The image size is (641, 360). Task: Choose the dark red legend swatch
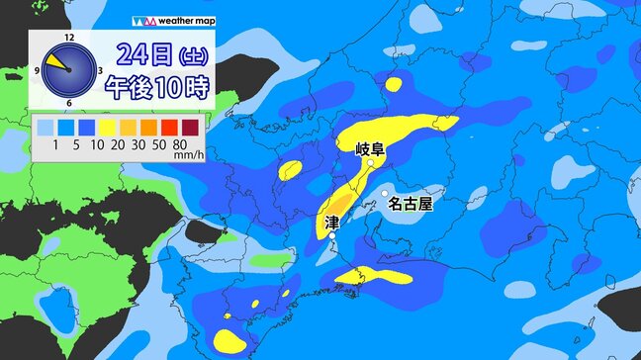(x=194, y=126)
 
